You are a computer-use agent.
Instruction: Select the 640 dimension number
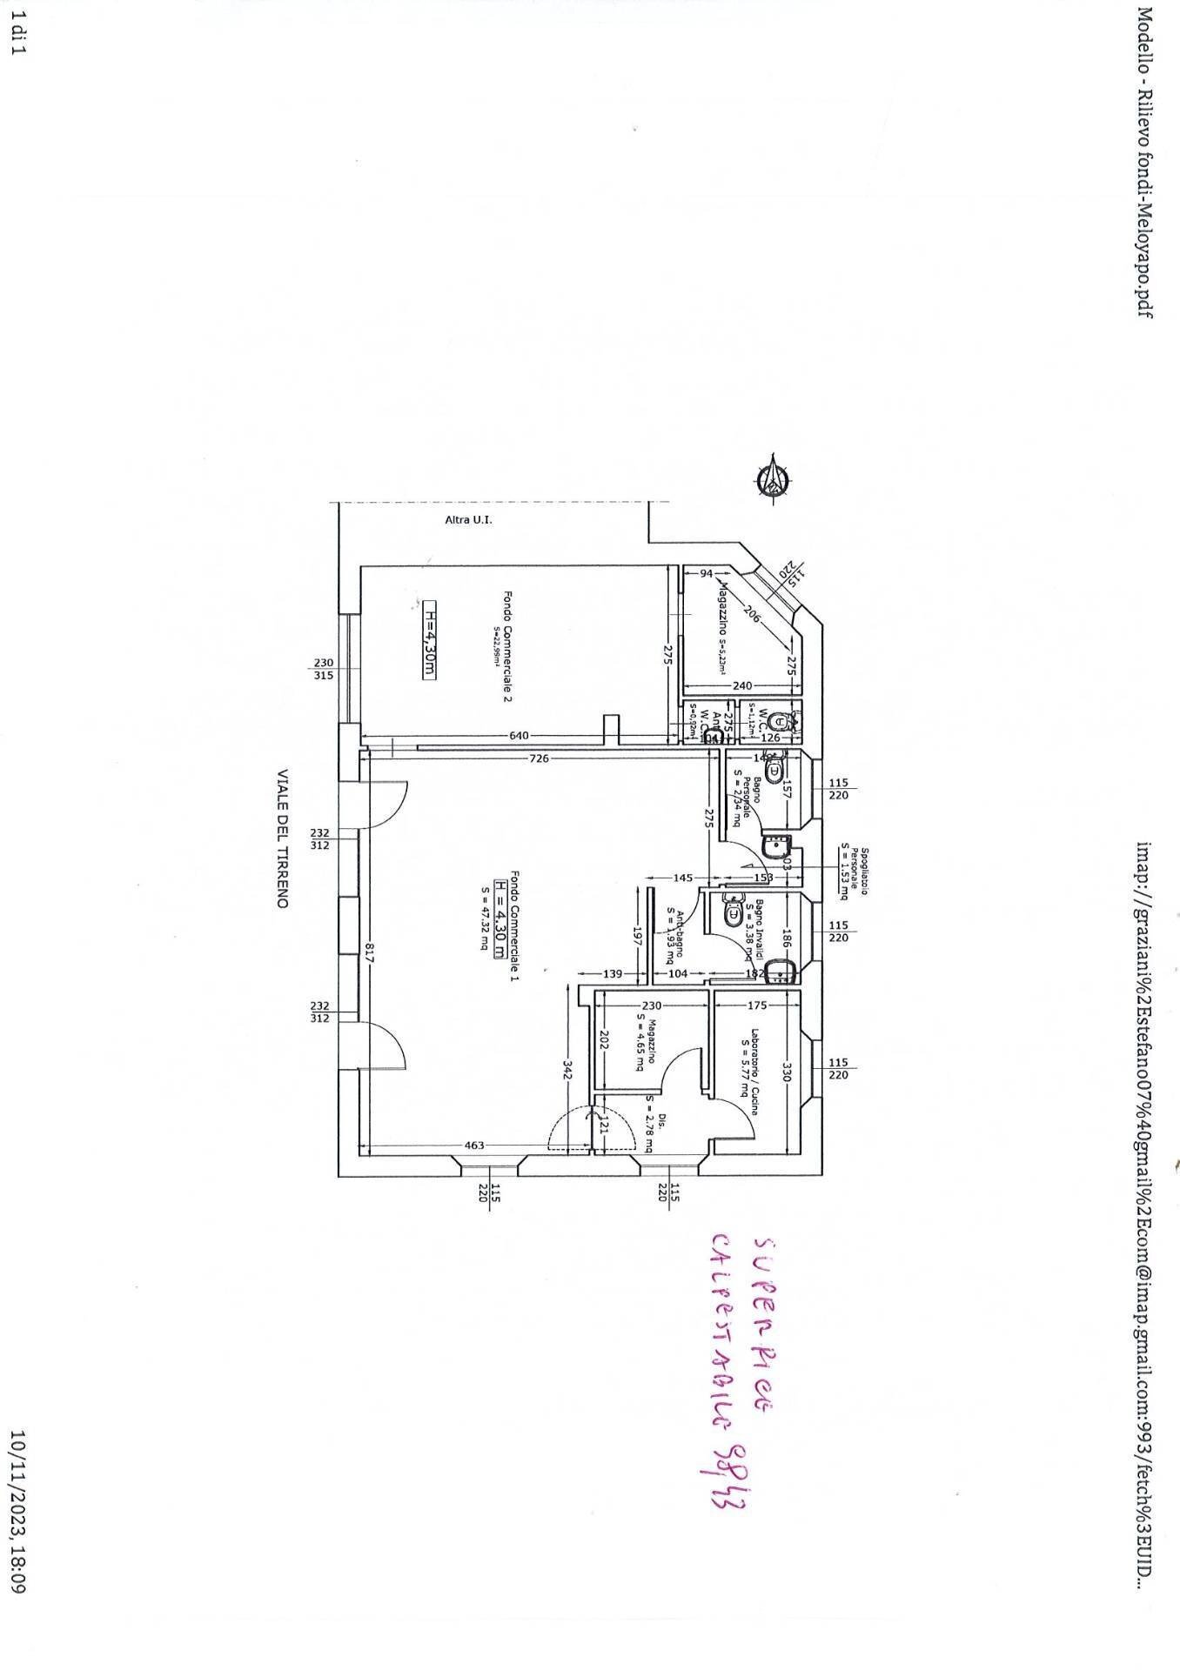[519, 736]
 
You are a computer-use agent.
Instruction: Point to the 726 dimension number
[539, 758]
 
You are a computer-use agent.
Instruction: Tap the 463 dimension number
[474, 1146]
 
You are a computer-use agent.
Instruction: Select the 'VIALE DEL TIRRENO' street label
[282, 838]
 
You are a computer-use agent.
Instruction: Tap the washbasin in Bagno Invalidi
[786, 972]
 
